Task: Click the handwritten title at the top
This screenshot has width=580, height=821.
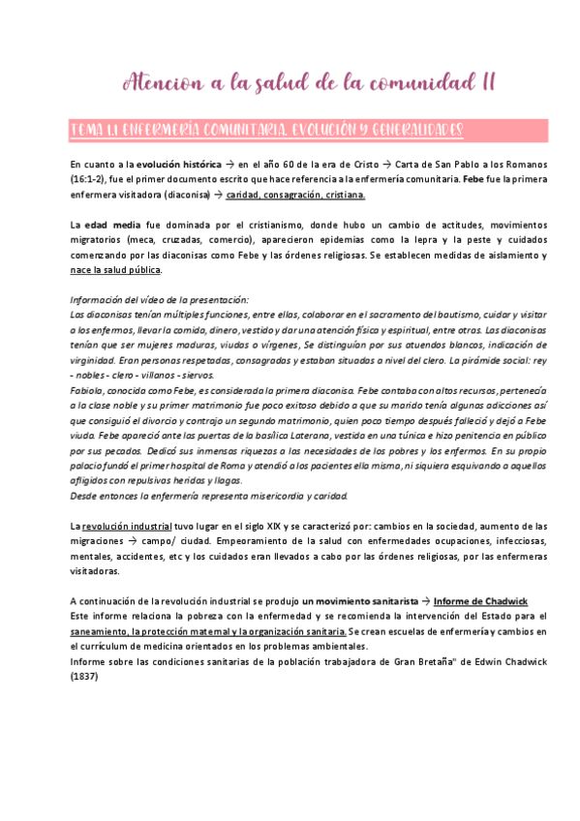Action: (x=310, y=82)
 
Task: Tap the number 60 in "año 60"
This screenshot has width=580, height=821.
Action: (x=309, y=165)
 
